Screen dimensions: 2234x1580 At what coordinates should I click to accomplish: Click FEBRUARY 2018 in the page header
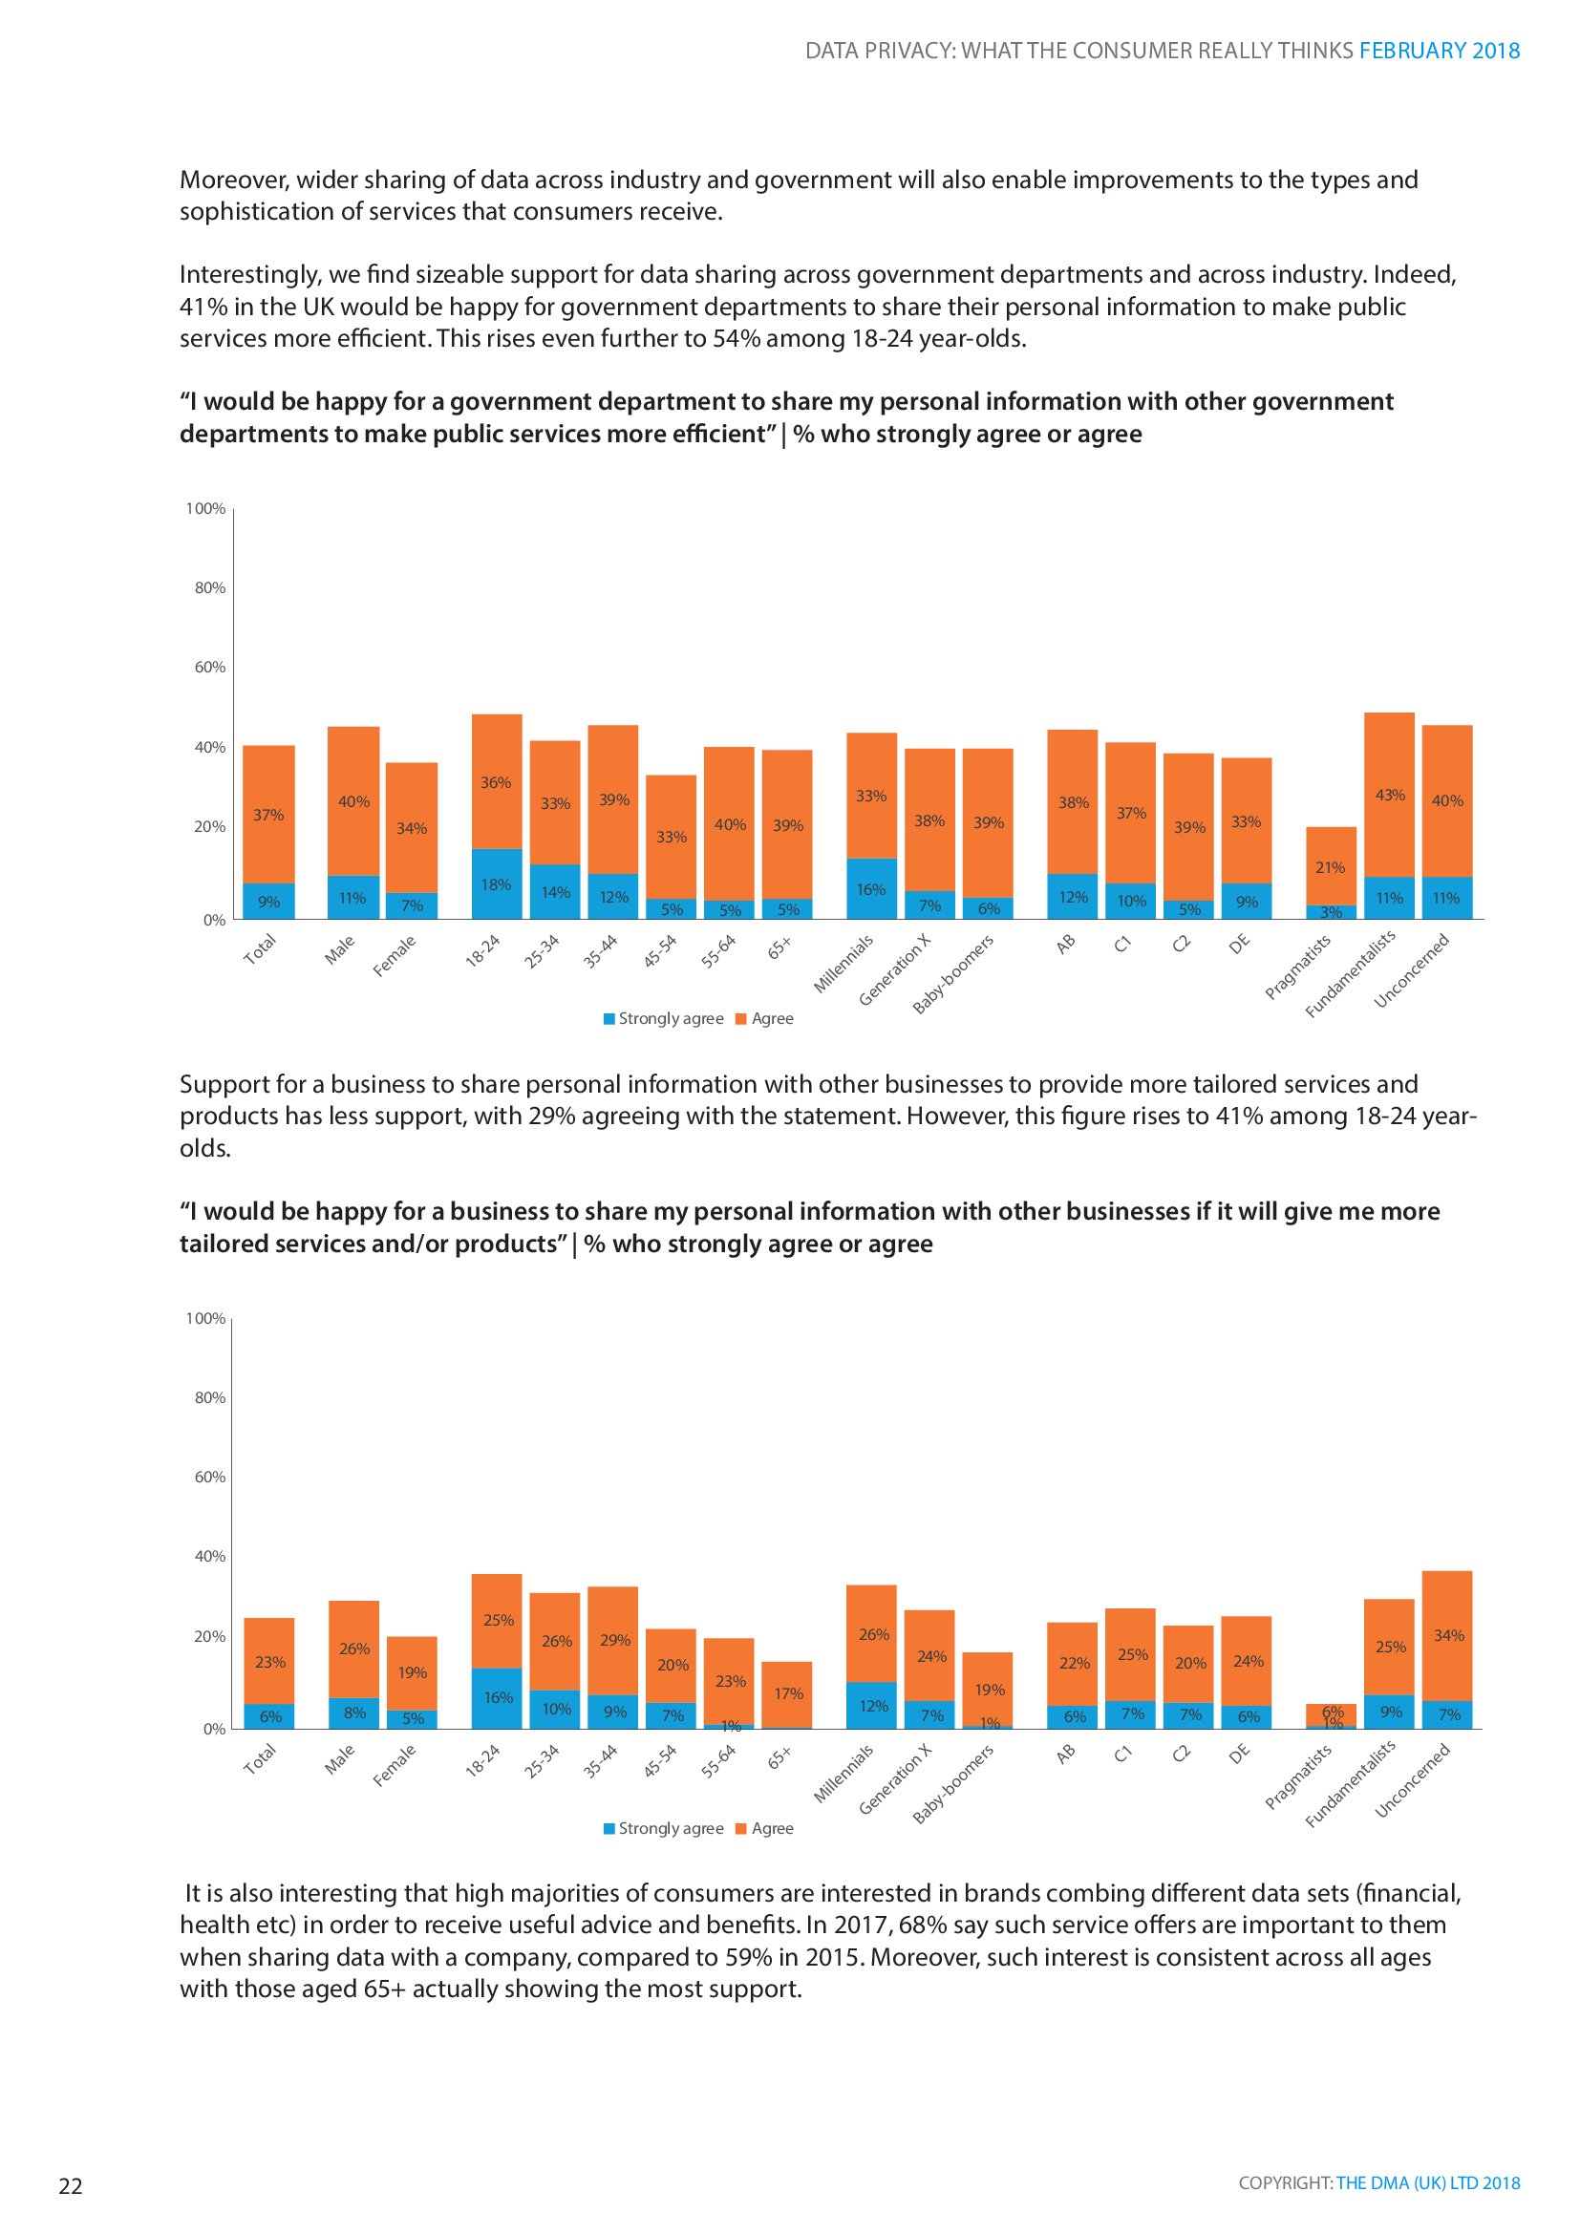click(1439, 51)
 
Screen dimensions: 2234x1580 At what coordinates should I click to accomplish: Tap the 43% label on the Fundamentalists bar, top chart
click(1389, 795)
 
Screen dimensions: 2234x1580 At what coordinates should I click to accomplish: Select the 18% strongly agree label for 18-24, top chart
click(496, 884)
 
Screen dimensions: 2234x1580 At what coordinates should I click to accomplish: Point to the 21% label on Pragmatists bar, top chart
click(1330, 867)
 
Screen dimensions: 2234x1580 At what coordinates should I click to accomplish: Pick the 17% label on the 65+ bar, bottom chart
click(788, 1693)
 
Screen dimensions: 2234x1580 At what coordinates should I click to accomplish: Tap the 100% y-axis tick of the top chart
click(205, 509)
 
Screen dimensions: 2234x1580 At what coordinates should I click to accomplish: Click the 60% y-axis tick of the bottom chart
click(209, 1476)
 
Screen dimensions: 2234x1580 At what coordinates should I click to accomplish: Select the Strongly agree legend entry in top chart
click(664, 1019)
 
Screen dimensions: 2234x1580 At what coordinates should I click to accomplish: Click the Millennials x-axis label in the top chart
click(844, 964)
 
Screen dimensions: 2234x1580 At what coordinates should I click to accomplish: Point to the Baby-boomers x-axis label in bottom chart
click(953, 1782)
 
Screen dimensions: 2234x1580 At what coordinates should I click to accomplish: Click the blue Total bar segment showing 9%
click(268, 902)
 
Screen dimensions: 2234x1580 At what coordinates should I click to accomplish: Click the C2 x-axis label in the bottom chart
click(1181, 1754)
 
